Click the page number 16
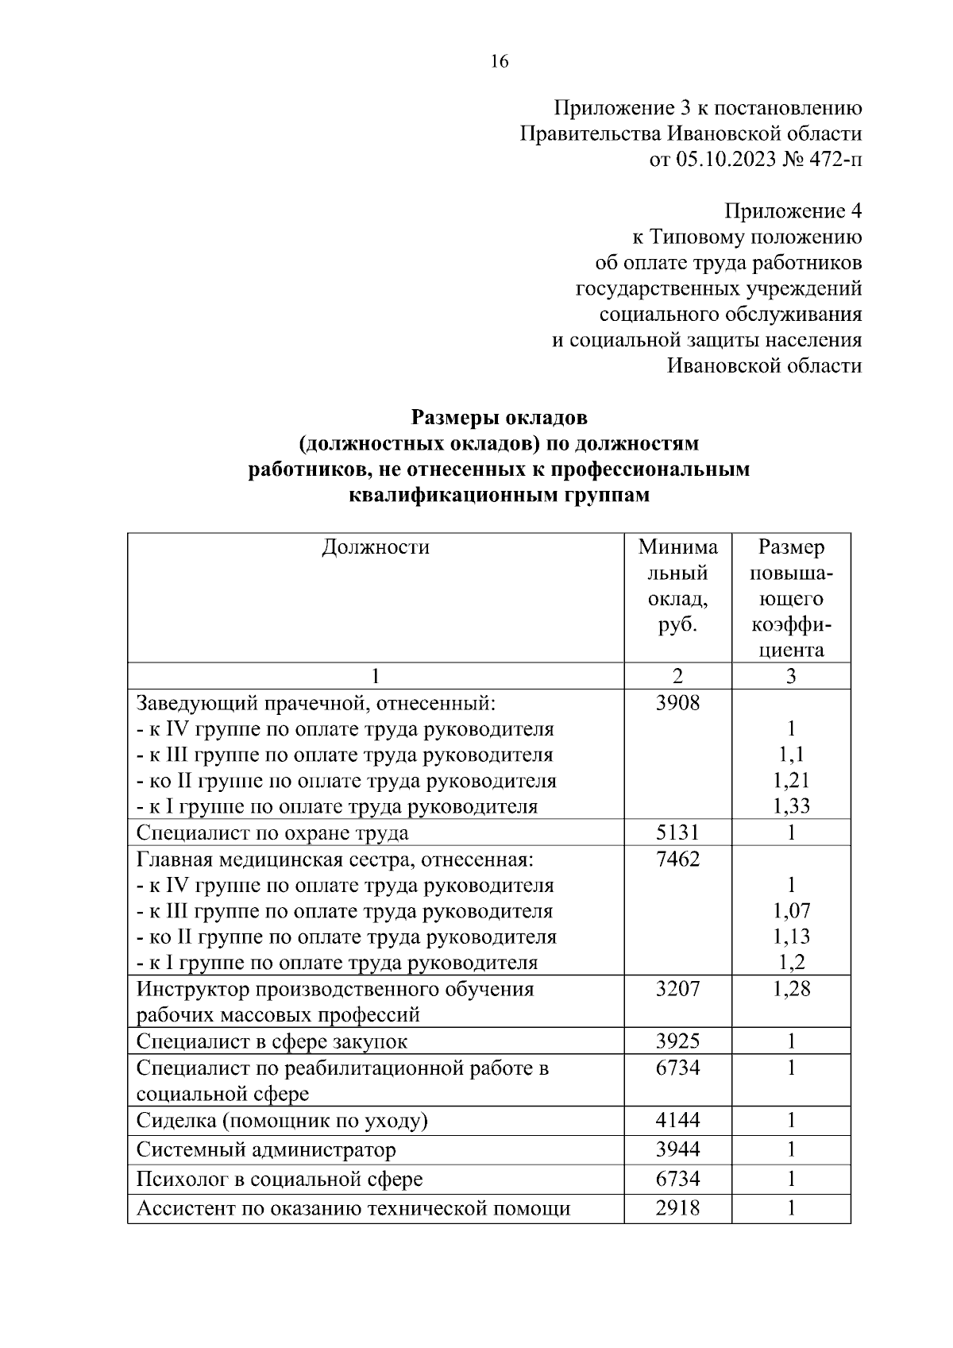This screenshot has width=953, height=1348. click(500, 62)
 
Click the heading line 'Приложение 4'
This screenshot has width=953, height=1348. click(792, 211)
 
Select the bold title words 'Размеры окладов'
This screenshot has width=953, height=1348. click(499, 416)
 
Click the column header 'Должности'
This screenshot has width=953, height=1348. click(375, 547)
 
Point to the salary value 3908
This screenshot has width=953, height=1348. click(677, 702)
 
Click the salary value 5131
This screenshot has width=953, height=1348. click(677, 832)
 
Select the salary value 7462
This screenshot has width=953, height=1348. click(677, 859)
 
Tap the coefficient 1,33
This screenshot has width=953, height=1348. click(791, 806)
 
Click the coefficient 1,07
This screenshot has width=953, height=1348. click(791, 910)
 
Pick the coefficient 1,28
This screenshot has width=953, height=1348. click(791, 989)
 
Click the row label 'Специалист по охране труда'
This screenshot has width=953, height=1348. click(272, 832)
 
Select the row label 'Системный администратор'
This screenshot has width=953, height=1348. click(266, 1149)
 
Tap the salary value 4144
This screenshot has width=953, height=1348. click(677, 1120)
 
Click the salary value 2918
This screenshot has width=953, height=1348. click(677, 1208)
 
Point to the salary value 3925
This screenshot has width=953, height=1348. click(677, 1041)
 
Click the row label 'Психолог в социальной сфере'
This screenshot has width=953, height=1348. click(280, 1179)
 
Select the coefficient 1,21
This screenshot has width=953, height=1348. click(791, 780)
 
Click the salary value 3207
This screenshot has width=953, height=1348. click(677, 989)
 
